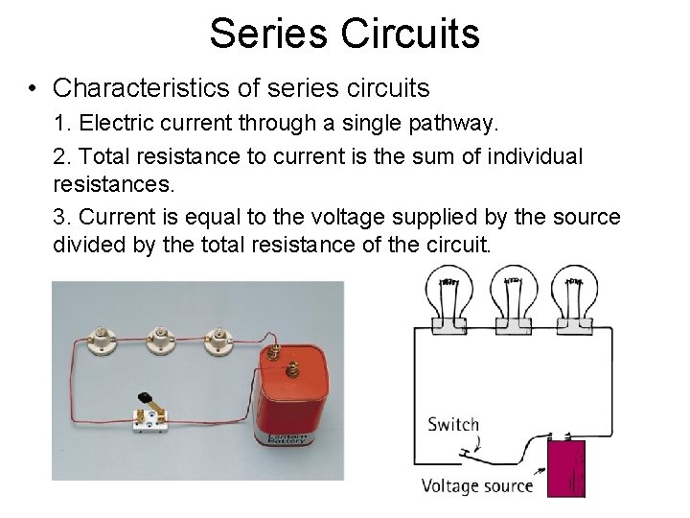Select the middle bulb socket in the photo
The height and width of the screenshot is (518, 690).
click(x=158, y=338)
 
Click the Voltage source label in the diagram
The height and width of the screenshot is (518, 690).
click(x=477, y=485)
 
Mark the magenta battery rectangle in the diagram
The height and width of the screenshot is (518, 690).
click(x=565, y=468)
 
